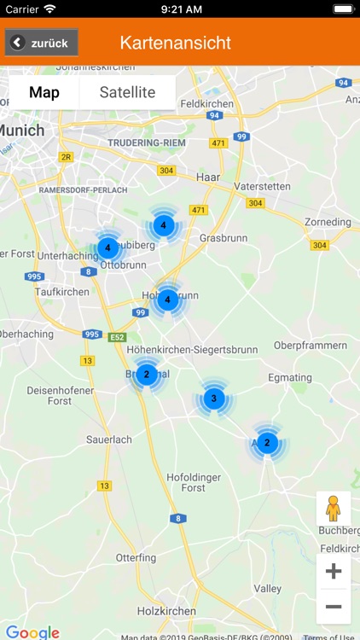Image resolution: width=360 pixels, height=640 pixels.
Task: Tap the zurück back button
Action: click(42, 43)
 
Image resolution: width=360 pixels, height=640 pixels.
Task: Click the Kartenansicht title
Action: click(176, 43)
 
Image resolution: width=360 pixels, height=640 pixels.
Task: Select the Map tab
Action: click(44, 92)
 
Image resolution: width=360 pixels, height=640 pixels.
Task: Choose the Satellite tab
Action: click(127, 92)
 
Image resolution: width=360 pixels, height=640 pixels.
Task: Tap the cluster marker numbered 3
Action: click(213, 398)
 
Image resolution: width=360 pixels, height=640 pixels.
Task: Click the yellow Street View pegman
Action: click(333, 509)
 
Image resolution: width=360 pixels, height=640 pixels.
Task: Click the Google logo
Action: click(32, 632)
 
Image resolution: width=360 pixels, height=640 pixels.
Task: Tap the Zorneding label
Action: click(328, 222)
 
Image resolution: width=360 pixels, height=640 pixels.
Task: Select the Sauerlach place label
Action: click(109, 439)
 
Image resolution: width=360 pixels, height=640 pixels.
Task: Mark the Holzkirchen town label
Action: click(167, 611)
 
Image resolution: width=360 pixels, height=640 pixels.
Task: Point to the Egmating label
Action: click(290, 377)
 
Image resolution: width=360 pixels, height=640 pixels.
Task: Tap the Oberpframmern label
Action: click(311, 345)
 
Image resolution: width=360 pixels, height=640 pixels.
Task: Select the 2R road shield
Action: click(67, 157)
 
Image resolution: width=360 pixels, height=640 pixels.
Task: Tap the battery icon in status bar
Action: click(342, 9)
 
